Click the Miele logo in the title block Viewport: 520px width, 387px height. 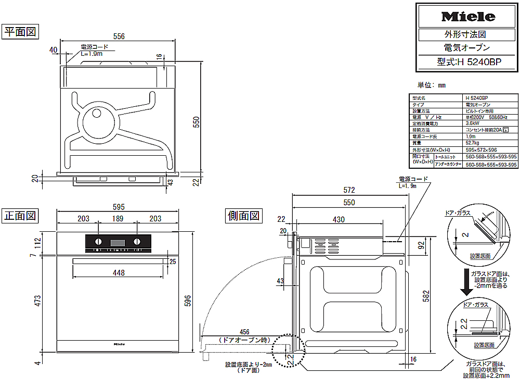(467, 17)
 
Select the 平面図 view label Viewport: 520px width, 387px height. (20, 32)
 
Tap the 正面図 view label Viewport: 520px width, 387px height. (20, 215)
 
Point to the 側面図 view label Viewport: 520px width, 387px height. (243, 215)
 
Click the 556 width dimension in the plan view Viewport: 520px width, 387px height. (119, 36)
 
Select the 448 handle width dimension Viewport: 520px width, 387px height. (119, 272)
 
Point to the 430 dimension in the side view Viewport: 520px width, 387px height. (339, 220)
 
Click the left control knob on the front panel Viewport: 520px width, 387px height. (98, 241)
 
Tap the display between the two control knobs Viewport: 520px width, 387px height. (118, 242)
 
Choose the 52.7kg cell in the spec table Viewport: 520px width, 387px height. (473, 142)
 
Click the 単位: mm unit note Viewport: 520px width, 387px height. (432, 85)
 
